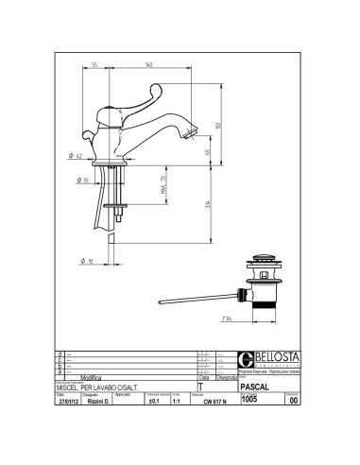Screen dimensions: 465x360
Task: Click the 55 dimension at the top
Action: pos(95,64)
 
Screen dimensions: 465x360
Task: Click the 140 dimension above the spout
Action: pos(149,64)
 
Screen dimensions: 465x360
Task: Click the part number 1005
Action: pos(249,425)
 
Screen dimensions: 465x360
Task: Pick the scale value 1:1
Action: pos(179,426)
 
